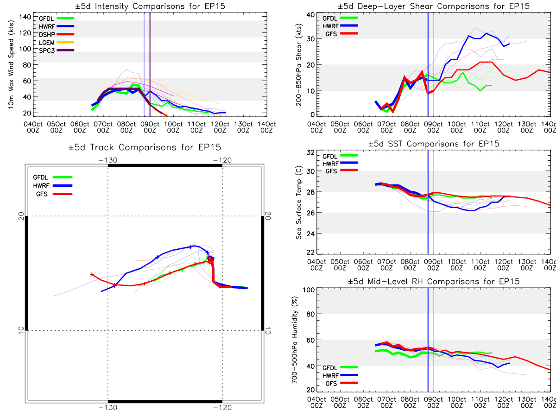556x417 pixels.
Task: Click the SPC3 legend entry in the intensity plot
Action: click(57, 51)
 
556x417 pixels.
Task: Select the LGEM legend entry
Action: click(57, 42)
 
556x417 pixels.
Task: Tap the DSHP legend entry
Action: click(57, 34)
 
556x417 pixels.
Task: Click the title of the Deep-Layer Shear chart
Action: click(433, 6)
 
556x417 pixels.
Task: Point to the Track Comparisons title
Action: click(145, 147)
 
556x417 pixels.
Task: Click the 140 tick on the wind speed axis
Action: click(25, 17)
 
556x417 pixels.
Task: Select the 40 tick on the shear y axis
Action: click(310, 15)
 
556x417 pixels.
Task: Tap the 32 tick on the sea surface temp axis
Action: click(310, 152)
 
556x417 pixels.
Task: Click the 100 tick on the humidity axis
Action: click(309, 290)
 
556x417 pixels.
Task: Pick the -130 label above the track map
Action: click(108, 160)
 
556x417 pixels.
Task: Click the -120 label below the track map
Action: click(222, 408)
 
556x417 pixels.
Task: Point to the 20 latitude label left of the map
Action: click(21, 216)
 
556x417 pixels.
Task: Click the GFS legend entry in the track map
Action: click(53, 194)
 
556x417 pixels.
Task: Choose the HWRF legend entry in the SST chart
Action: click(340, 163)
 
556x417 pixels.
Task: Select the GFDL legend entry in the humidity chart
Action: click(340, 367)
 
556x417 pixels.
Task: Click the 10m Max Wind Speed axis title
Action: click(11, 64)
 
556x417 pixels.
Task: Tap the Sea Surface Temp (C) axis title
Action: click(299, 202)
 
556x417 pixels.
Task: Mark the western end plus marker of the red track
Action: click(92, 274)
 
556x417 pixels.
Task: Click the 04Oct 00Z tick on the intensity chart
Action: click(33, 127)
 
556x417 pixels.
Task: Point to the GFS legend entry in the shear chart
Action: click(341, 34)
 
